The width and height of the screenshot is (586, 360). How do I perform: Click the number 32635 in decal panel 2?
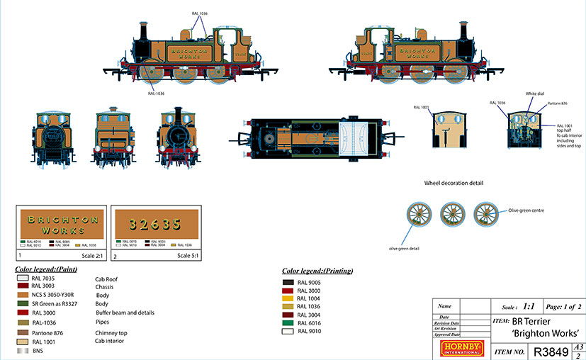(x=156, y=225)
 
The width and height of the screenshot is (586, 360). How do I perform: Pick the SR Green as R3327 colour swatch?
(x=23, y=303)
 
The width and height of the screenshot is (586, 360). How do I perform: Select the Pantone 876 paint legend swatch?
(x=23, y=332)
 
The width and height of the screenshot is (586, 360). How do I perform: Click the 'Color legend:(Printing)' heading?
(x=317, y=271)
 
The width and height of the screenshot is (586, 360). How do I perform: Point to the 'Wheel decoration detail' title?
(x=453, y=183)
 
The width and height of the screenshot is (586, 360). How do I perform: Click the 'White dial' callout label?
(x=534, y=94)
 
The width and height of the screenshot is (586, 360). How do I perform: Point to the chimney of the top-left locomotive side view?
(x=144, y=32)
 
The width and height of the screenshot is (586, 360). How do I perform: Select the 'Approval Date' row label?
(x=453, y=332)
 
